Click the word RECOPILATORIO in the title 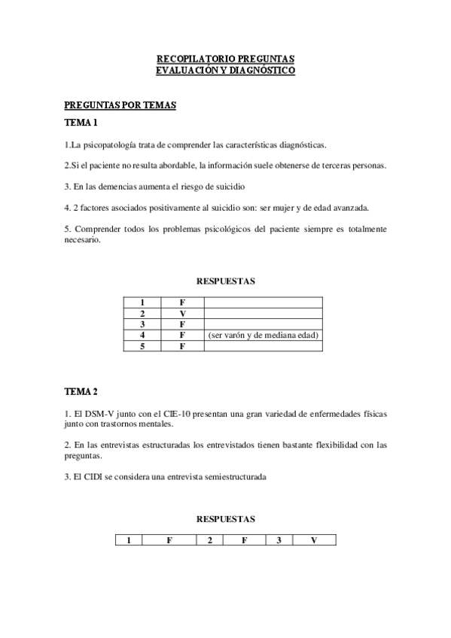click(x=187, y=58)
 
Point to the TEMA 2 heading click(x=81, y=391)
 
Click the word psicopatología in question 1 click(x=104, y=144)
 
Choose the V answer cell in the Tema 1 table click(x=182, y=312)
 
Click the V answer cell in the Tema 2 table click(x=314, y=540)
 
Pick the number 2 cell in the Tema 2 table click(x=209, y=540)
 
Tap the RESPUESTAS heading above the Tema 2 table click(x=225, y=519)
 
